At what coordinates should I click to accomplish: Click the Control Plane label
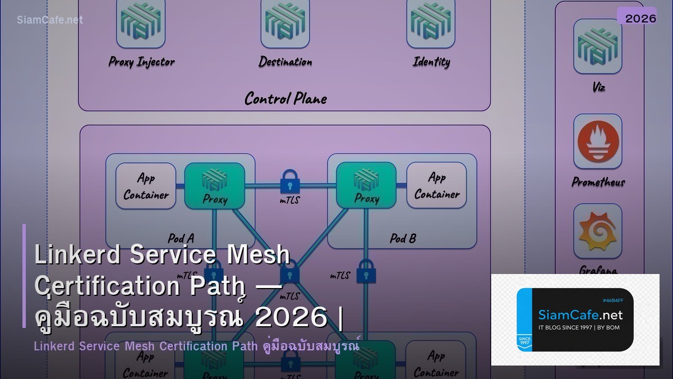click(x=285, y=99)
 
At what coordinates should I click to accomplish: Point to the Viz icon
click(x=598, y=46)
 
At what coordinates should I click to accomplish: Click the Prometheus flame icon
click(x=598, y=141)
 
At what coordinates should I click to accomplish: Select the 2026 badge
click(x=640, y=18)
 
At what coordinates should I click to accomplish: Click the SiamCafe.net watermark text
click(x=50, y=20)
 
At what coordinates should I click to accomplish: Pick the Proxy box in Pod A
click(x=214, y=186)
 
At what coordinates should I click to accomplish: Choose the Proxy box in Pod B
click(x=366, y=186)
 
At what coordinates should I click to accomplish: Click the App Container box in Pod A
click(x=146, y=186)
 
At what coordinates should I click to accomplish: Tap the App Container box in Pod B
click(x=436, y=186)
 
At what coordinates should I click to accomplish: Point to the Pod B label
click(x=403, y=239)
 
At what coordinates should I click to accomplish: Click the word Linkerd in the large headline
click(x=77, y=255)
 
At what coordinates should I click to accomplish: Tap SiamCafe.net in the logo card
click(x=580, y=314)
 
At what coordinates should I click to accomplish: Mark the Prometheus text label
click(x=598, y=182)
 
